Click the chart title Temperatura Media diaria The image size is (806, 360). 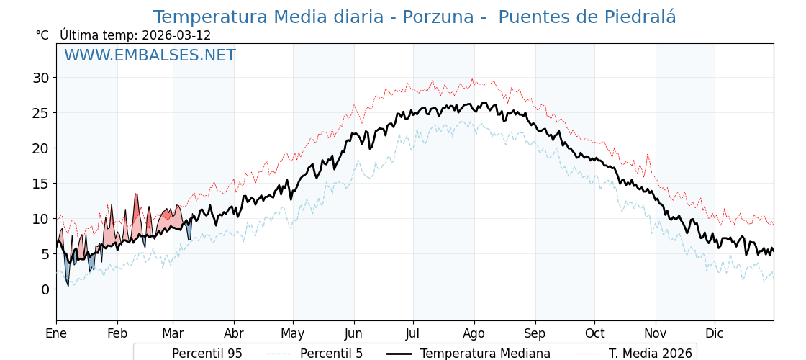[x=415, y=17]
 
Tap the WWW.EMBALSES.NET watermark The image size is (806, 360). [x=150, y=55]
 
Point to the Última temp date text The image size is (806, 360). [x=135, y=35]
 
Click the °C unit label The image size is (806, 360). [x=42, y=35]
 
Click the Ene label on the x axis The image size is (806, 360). [x=56, y=333]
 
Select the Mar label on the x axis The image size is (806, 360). [x=173, y=333]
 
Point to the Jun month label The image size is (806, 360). [x=353, y=333]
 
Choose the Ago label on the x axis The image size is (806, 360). [x=474, y=333]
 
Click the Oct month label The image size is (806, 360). [x=594, y=333]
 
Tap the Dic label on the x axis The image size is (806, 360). [x=715, y=333]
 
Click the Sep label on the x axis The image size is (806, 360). [x=535, y=333]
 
